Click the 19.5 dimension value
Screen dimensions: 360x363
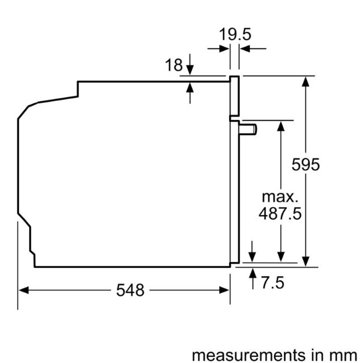[x=235, y=35]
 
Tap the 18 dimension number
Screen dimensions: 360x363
[x=174, y=65]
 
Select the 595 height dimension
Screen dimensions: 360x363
[x=306, y=164]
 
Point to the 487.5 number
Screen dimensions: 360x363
[x=280, y=213]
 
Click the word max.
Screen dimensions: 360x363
[x=280, y=197]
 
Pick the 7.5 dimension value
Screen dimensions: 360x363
[x=273, y=283]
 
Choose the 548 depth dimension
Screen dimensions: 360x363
[x=130, y=290]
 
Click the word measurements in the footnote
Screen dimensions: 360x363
[x=248, y=355]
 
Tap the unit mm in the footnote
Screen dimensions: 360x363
[x=344, y=355]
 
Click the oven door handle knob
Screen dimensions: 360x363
[x=248, y=129]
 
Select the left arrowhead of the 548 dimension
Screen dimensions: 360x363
[x=23, y=290]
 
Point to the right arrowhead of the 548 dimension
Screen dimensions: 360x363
[x=224, y=290]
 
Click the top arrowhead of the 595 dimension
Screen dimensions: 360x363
[x=306, y=82]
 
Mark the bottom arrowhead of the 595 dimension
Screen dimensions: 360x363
[x=306, y=261]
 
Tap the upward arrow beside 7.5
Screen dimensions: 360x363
[x=253, y=279]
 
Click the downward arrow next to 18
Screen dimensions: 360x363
[x=190, y=64]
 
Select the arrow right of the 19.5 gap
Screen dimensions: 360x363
[x=253, y=49]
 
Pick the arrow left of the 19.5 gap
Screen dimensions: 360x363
[x=218, y=49]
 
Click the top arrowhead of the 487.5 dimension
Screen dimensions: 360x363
[x=281, y=126]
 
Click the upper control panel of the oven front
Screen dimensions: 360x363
[x=234, y=96]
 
